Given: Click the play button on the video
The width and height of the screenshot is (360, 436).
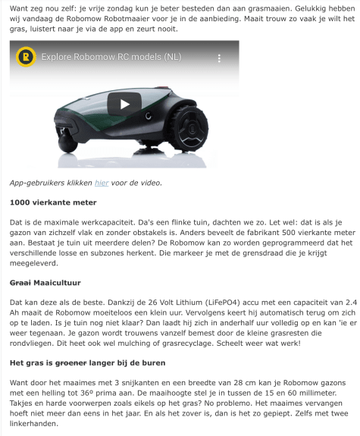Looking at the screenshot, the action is pos(124,105).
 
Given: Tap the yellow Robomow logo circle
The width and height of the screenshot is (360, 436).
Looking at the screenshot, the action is pos(27,57).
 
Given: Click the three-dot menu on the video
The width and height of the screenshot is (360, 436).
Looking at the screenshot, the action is pos(220,58).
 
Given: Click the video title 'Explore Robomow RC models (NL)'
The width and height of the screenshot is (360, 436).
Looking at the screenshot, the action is pos(111,58).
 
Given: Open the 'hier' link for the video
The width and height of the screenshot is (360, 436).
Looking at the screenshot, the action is pos(102,183).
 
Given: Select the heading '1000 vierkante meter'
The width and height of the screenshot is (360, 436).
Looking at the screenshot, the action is pos(53,203).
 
